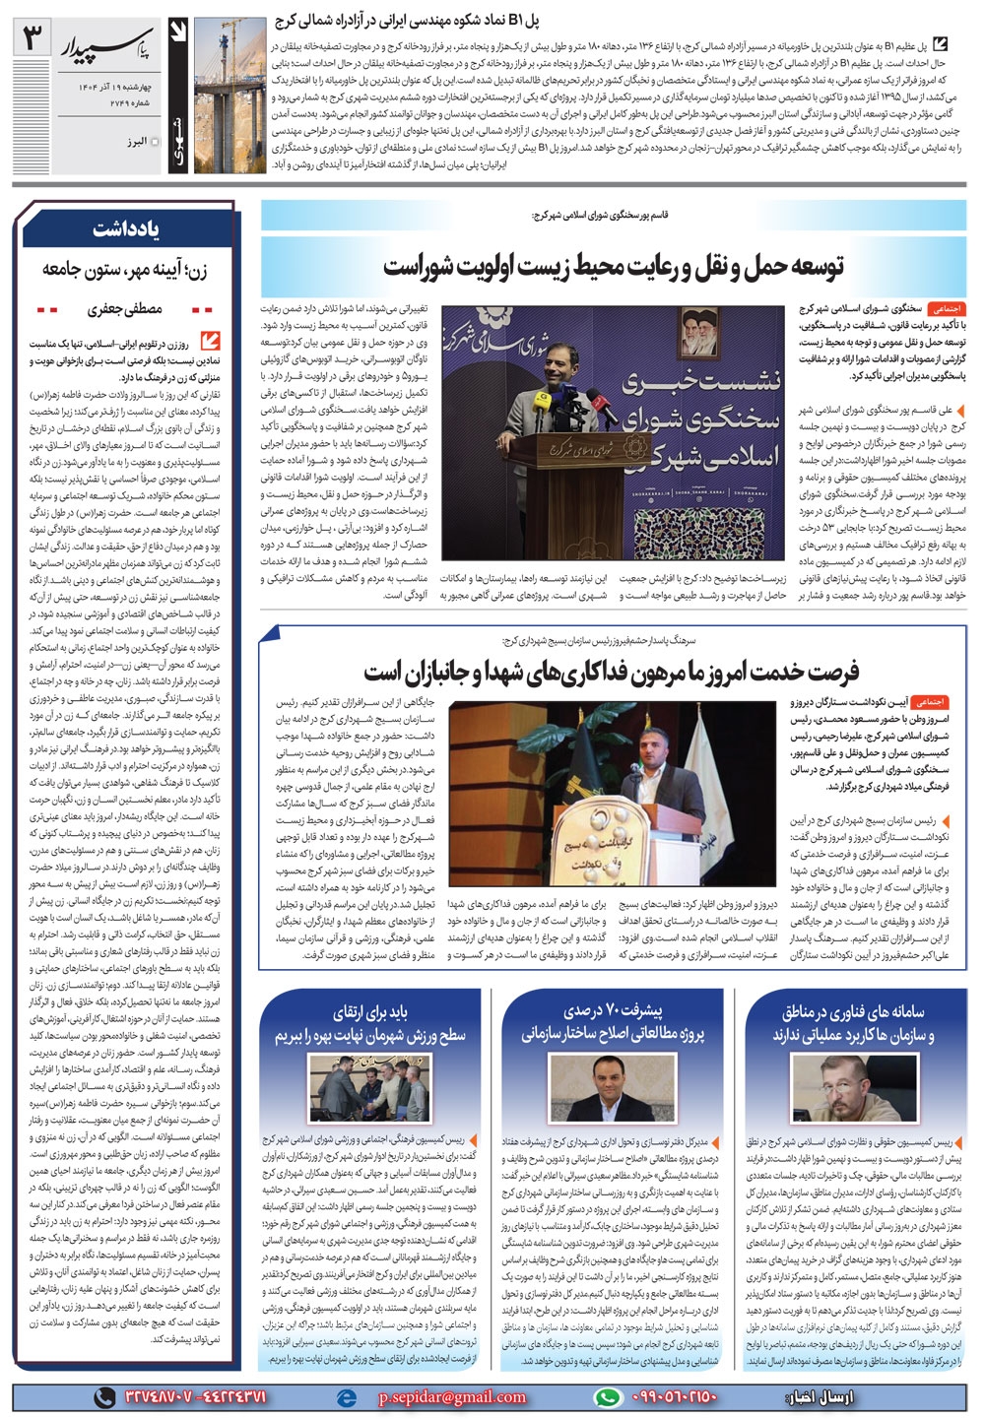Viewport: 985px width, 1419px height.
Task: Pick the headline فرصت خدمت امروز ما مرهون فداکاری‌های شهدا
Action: click(x=612, y=672)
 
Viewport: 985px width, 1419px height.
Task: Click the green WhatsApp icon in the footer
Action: click(x=611, y=1396)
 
